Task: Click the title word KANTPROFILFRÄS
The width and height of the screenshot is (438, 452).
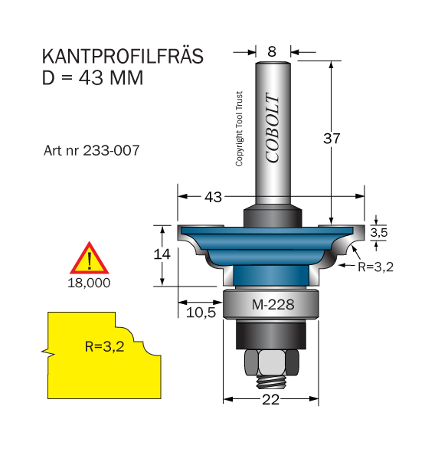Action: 123,56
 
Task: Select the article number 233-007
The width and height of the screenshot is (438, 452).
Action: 111,150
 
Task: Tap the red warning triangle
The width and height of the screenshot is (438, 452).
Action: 90,259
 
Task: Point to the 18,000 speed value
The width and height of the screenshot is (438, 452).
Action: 89,283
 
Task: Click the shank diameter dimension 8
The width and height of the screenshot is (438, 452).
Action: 272,52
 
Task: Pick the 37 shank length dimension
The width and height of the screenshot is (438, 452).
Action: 332,139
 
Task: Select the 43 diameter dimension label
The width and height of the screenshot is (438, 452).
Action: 213,198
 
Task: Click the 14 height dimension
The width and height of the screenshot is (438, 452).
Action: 162,254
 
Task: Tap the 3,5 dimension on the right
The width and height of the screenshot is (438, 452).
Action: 379,232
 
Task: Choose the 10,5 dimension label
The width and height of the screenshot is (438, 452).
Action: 201,313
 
